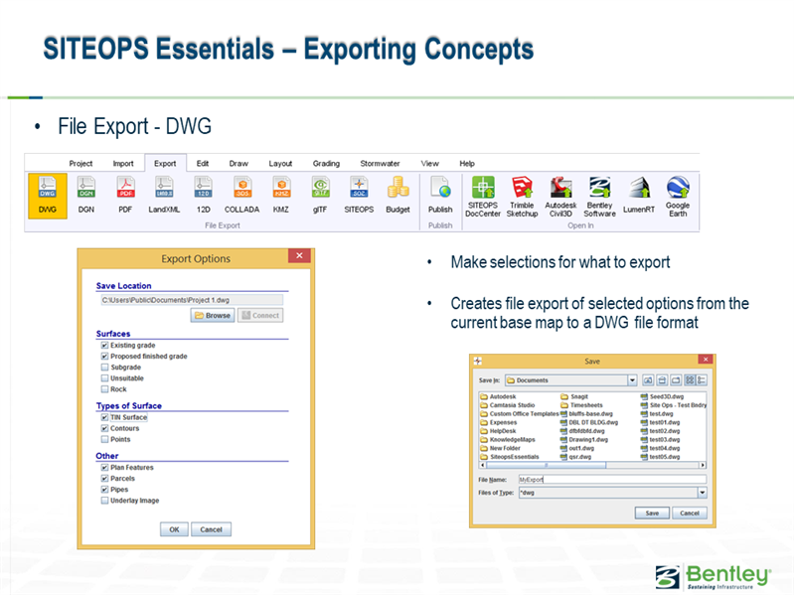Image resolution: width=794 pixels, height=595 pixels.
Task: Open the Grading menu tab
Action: click(326, 163)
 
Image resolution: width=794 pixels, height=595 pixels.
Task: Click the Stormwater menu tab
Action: click(380, 163)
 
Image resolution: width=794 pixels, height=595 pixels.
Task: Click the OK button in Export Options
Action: click(173, 529)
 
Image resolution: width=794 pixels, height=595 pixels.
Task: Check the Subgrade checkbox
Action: click(104, 367)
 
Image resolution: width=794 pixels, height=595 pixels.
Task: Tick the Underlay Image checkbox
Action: click(104, 501)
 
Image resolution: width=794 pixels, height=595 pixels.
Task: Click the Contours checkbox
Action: click(104, 428)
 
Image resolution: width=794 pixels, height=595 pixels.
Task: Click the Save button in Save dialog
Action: click(652, 513)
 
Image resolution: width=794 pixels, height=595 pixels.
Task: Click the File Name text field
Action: click(611, 479)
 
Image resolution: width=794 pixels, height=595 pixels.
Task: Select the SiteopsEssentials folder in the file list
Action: click(510, 457)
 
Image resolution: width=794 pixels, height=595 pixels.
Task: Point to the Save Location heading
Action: click(124, 285)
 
